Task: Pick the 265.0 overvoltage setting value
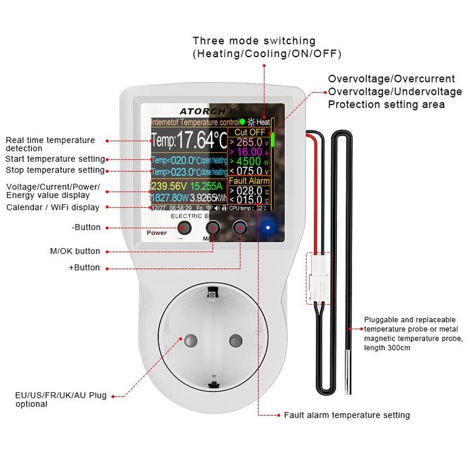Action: [x=249, y=142]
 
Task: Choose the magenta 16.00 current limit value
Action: [x=249, y=151]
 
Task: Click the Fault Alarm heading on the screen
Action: [x=249, y=181]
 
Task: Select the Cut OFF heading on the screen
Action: [x=250, y=132]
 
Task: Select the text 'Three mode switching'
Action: [x=254, y=41]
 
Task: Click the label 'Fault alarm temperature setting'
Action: [x=347, y=415]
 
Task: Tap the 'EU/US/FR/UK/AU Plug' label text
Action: [x=61, y=395]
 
